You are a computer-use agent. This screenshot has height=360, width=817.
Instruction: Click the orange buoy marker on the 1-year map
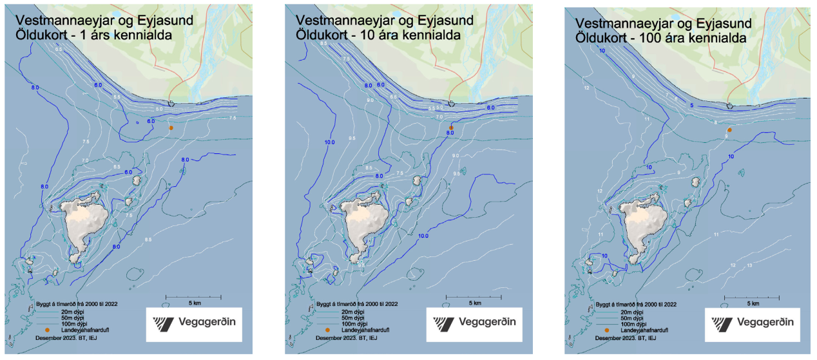[171, 128]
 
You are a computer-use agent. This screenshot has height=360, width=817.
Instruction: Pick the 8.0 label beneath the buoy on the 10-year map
[450, 133]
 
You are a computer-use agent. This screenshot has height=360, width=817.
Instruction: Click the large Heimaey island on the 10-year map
[365, 225]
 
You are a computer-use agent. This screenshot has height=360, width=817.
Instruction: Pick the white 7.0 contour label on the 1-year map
[85, 160]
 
